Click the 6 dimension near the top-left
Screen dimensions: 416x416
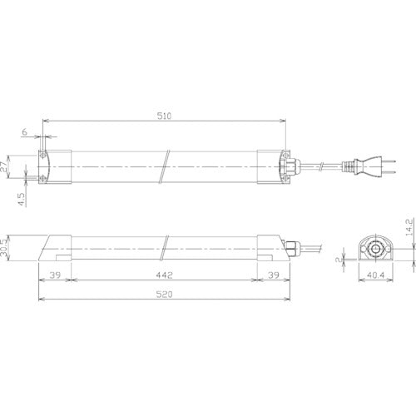click(x=25, y=133)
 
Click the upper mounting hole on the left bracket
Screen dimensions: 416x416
click(x=43, y=156)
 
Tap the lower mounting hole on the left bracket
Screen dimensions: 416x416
click(x=43, y=178)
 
